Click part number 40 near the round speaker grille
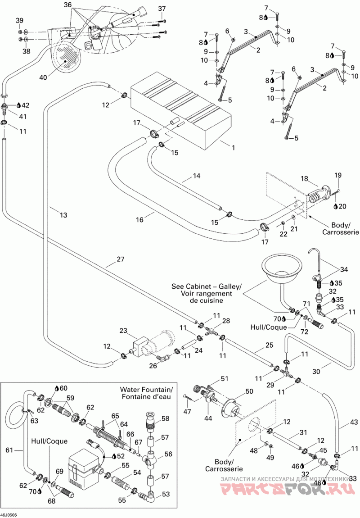click(43, 77)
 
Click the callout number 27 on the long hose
click(121, 259)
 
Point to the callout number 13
click(63, 215)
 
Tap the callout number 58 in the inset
click(165, 418)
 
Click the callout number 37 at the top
click(162, 8)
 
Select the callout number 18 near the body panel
click(304, 179)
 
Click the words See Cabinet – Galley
click(207, 286)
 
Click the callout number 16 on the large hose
click(140, 219)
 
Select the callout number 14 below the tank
click(196, 176)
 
